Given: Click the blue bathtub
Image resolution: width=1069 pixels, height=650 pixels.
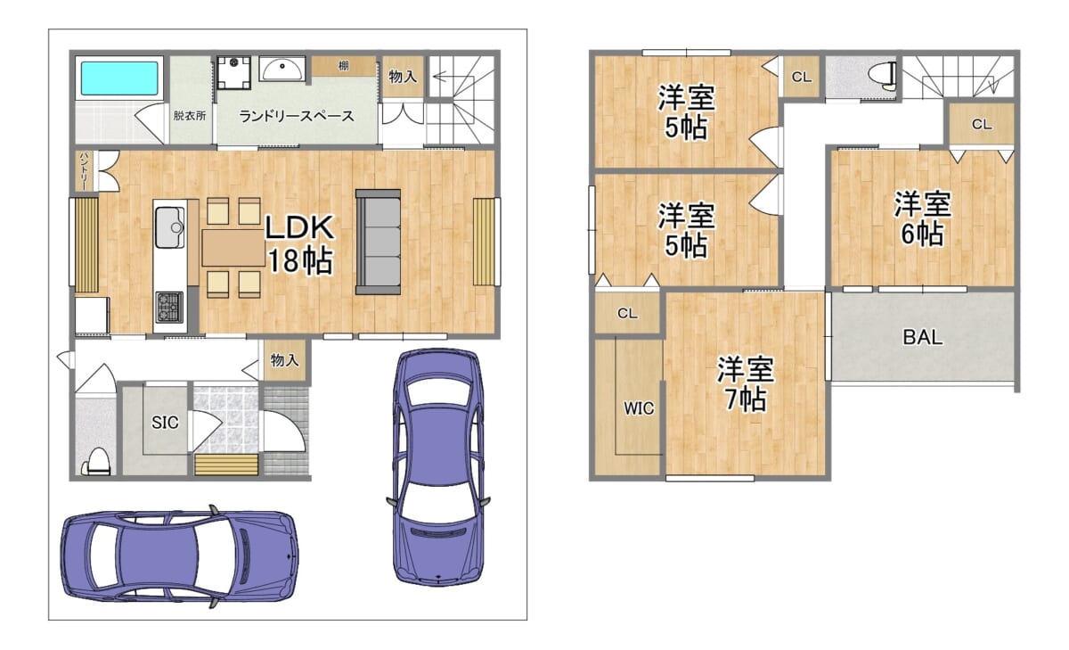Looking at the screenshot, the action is [x=119, y=78].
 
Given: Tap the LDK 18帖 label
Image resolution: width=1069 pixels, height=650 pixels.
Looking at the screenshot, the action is [x=299, y=244].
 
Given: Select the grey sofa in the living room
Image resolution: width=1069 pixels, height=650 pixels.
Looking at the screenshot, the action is [x=378, y=242].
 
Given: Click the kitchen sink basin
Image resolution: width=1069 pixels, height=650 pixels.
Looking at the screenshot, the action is [x=170, y=227].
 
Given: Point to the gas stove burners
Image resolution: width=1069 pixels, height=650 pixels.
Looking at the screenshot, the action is [x=169, y=307].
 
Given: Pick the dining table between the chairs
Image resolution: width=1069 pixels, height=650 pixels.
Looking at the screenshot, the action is [x=233, y=248].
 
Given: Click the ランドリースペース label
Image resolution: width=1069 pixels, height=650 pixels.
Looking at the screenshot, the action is [x=297, y=116].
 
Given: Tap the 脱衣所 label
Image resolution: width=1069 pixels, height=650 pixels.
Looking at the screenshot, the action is [x=190, y=116].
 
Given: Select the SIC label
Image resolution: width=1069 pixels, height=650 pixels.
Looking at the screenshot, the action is [x=165, y=423].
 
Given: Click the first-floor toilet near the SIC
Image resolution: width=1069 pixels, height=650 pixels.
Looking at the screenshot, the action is [x=98, y=461].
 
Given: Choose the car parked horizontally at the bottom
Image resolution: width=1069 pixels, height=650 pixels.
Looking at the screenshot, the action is [x=180, y=556].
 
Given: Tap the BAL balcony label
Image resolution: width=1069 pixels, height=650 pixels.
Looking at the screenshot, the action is [x=923, y=338].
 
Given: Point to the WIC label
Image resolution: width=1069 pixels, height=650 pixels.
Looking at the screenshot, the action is [x=639, y=408].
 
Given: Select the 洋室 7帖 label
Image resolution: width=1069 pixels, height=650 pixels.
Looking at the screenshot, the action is [x=746, y=384].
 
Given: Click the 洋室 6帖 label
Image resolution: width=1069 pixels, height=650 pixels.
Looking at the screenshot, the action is [x=923, y=218].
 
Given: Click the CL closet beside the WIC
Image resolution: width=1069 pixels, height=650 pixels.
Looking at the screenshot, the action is [x=627, y=313].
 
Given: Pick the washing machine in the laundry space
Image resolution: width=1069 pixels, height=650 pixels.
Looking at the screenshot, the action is [x=233, y=72].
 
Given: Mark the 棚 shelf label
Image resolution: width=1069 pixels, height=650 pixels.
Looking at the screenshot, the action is [x=344, y=66].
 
